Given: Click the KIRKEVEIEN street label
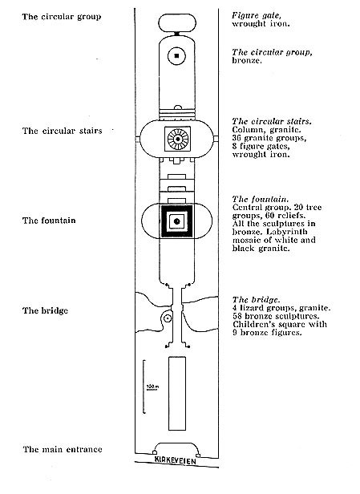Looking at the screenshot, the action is tap(176, 460).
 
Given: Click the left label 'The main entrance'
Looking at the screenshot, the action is tap(63, 449).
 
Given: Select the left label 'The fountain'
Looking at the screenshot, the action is tap(49, 221).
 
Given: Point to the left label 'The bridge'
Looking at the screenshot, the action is tap(46, 310).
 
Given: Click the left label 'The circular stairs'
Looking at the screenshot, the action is tap(63, 131).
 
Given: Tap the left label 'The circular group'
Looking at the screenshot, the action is tap(62, 17).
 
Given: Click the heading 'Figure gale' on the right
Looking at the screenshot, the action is tap(257, 15).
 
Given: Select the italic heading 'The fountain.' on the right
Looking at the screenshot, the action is tap(261, 199).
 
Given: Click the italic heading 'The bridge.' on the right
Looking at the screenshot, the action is tap(257, 300).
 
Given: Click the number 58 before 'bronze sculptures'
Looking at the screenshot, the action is tap(237, 316).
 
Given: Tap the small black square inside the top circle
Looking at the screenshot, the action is tap(176, 56).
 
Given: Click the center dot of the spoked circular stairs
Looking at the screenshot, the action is tap(178, 139).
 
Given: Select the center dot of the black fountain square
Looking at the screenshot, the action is tap(176, 221).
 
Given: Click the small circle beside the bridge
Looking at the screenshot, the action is tap(168, 318).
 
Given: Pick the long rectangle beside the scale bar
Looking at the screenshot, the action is tap(177, 394).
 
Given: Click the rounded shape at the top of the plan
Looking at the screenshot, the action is tap(177, 22).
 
